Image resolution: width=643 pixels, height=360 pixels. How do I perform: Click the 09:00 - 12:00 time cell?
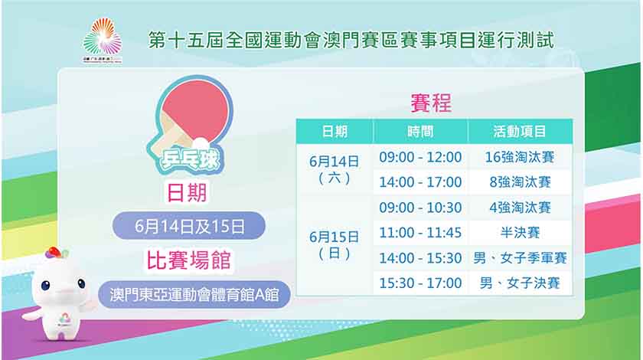pyautogui.click(x=420, y=157)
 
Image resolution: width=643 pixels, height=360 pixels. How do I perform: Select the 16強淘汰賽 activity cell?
pyautogui.click(x=520, y=157)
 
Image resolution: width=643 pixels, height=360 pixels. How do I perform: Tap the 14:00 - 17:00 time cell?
pyautogui.click(x=420, y=182)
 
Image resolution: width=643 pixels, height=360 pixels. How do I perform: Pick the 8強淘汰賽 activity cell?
pyautogui.click(x=520, y=182)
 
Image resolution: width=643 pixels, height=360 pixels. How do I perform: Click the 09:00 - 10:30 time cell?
pyautogui.click(x=420, y=208)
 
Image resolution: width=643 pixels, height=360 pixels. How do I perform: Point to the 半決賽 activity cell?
pyautogui.click(x=520, y=233)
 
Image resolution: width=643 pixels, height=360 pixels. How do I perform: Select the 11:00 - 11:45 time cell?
pyautogui.click(x=420, y=233)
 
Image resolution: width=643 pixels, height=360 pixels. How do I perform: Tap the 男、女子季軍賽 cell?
pyautogui.click(x=520, y=258)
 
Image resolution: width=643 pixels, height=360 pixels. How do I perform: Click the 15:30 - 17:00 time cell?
pyautogui.click(x=420, y=283)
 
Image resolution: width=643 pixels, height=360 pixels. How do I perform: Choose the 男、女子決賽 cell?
pyautogui.click(x=520, y=283)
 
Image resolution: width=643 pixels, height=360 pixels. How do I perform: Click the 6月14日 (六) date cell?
pyautogui.click(x=335, y=169)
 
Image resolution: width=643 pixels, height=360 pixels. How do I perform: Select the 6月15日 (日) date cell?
pyautogui.click(x=335, y=245)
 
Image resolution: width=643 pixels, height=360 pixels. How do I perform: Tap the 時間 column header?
pyautogui.click(x=420, y=131)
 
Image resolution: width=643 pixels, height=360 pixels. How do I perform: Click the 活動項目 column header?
pyautogui.click(x=520, y=131)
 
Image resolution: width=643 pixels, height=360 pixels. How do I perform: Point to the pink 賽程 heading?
pyautogui.click(x=431, y=103)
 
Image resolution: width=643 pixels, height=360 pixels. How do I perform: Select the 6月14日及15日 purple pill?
pyautogui.click(x=189, y=226)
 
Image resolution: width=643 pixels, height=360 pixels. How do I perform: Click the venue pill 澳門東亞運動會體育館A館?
pyautogui.click(x=194, y=294)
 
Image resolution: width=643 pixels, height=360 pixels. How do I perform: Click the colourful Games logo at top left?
pyautogui.click(x=103, y=40)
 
